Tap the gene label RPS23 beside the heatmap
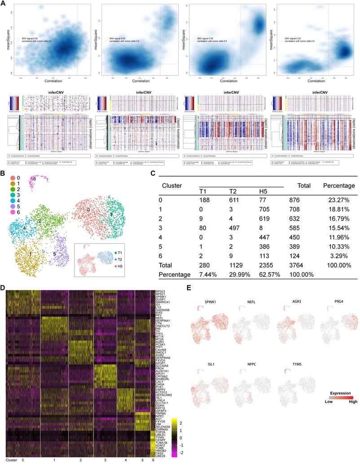click(x=161, y=292)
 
